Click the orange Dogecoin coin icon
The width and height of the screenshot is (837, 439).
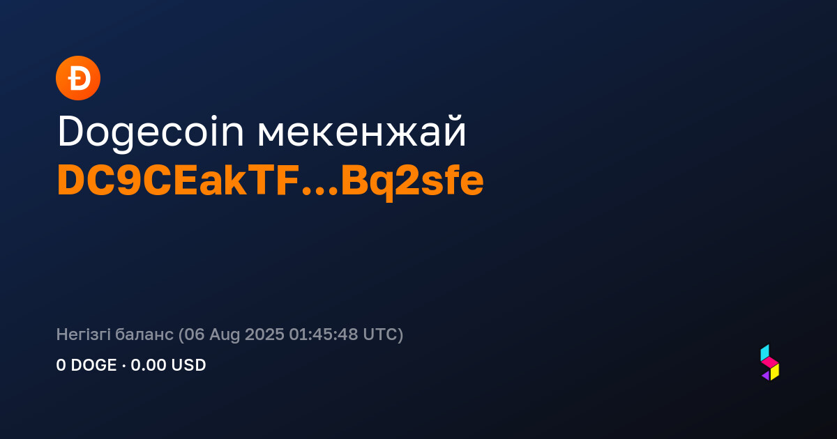pos(78,78)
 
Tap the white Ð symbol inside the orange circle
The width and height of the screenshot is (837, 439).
pos(79,78)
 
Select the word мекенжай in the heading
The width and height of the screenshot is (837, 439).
pos(362,132)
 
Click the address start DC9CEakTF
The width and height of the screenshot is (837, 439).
pos(179,180)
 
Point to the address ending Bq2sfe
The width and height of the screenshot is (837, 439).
pos(412,183)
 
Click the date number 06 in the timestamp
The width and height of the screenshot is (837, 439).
pos(195,334)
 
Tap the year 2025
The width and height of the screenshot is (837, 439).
pos(264,334)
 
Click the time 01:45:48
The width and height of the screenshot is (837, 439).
pos(324,334)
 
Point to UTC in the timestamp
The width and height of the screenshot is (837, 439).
pos(380,334)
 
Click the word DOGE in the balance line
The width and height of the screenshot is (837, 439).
pos(93,365)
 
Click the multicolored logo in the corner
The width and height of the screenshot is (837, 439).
pos(770,362)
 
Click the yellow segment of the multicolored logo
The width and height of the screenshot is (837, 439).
pos(776,372)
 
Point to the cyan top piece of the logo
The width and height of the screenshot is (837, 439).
pos(765,353)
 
